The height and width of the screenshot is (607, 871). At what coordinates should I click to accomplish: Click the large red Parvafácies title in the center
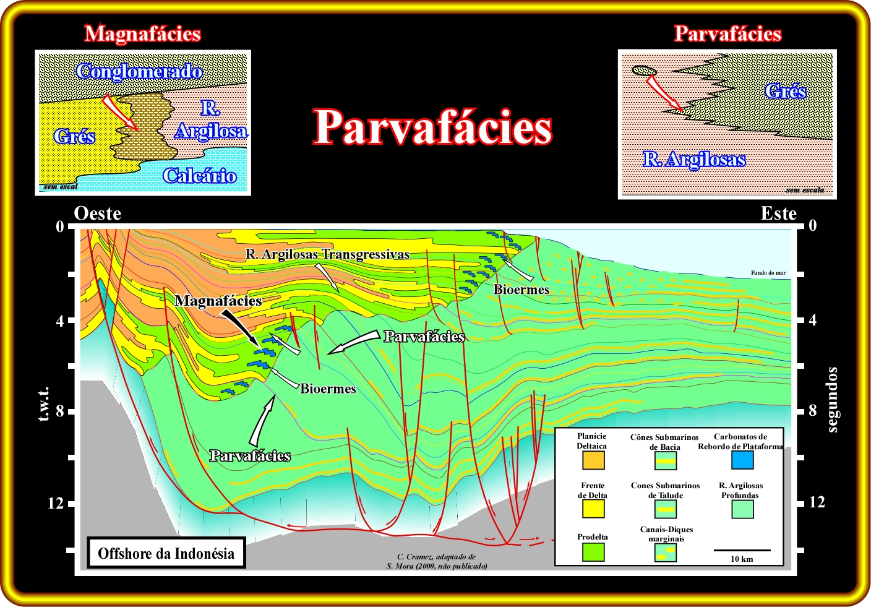pyautogui.click(x=432, y=127)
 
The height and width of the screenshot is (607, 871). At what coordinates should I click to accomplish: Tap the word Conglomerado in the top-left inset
pyautogui.click(x=139, y=72)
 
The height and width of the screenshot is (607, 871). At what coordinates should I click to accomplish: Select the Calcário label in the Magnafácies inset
pyautogui.click(x=199, y=176)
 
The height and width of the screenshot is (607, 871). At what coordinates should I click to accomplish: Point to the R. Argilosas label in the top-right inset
pyautogui.click(x=694, y=160)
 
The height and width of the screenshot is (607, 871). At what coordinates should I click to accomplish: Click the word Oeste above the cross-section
pyautogui.click(x=97, y=213)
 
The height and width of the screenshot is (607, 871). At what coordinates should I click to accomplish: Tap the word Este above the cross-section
pyautogui.click(x=778, y=213)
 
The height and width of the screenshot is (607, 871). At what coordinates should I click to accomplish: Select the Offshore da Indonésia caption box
pyautogui.click(x=166, y=553)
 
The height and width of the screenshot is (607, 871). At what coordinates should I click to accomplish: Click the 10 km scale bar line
pyautogui.click(x=742, y=550)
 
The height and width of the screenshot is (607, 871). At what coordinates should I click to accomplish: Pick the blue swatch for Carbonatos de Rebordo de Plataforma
pyautogui.click(x=742, y=460)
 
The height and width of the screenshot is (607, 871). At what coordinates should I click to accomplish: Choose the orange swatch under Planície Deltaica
pyautogui.click(x=593, y=460)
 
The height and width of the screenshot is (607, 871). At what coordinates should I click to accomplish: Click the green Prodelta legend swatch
pyautogui.click(x=593, y=552)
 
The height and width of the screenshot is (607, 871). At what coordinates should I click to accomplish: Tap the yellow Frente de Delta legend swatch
pyautogui.click(x=593, y=509)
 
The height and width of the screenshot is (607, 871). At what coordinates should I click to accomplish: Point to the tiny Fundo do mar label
pyautogui.click(x=768, y=273)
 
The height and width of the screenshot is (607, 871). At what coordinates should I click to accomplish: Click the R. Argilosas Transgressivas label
pyautogui.click(x=327, y=254)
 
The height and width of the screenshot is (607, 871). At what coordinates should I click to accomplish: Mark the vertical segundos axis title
pyautogui.click(x=832, y=399)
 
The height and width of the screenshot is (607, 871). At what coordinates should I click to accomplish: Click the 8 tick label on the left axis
pyautogui.click(x=59, y=411)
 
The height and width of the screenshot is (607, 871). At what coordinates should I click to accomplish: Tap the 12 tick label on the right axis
pyautogui.click(x=817, y=502)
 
